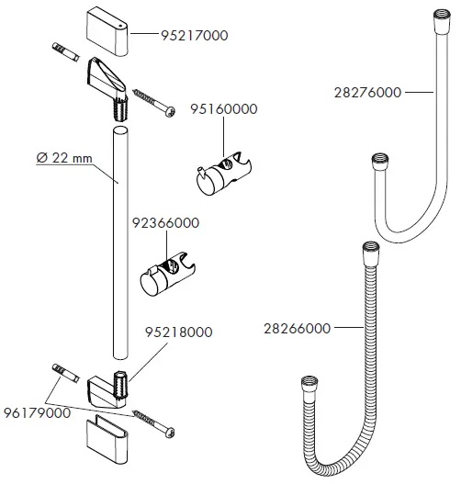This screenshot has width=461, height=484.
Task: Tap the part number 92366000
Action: [166, 222]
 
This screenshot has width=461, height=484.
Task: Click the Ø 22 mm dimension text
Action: [65, 159]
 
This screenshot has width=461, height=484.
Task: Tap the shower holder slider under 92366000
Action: [166, 273]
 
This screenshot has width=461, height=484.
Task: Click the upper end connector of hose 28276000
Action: [434, 17]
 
